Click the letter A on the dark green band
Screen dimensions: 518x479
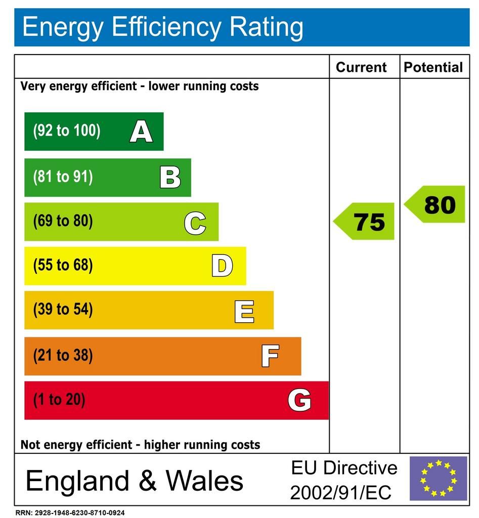[x=141, y=132]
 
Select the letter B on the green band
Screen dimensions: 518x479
[x=170, y=178]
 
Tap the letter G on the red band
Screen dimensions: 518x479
[x=299, y=401]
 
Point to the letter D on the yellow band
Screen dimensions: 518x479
[x=222, y=266]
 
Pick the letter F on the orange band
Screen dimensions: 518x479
[x=270, y=356]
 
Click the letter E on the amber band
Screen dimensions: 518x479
[x=244, y=311]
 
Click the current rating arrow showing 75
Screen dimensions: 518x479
[x=365, y=222]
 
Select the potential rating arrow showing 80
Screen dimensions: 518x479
[x=436, y=204]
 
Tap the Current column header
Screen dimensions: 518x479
[x=361, y=67]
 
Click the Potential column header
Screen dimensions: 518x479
[x=433, y=67]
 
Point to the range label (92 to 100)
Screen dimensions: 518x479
[x=67, y=131]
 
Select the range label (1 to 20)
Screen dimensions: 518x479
[x=59, y=400]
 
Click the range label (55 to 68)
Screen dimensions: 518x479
[x=63, y=266]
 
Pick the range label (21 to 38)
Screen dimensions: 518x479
[x=63, y=356]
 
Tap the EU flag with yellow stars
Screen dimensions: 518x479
[x=438, y=479]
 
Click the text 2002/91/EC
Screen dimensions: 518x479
[x=340, y=491]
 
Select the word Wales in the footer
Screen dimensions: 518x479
[x=205, y=480]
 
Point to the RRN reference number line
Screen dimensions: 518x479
[x=70, y=512]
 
